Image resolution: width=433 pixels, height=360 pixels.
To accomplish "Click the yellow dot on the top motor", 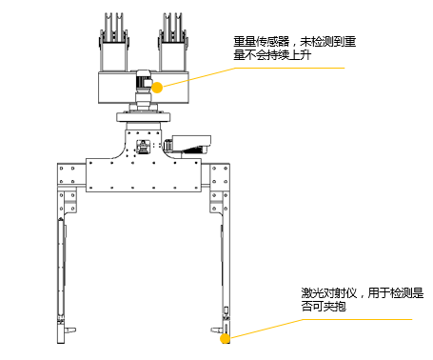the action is (157, 88).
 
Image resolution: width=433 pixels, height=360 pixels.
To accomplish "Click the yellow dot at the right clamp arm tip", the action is (225, 338).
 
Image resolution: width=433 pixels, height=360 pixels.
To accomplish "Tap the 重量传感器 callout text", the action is (295, 49).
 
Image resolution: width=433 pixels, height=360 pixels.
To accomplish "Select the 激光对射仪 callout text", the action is (363, 299).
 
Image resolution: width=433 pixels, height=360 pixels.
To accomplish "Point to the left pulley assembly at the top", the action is (114, 42).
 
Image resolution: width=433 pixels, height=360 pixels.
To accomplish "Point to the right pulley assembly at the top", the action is (173, 42).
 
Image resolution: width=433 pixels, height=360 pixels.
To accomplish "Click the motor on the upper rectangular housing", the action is (145, 81).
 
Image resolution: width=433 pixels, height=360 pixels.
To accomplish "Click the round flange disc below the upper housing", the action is (144, 117).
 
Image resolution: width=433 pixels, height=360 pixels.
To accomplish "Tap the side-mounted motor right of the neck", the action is (187, 146).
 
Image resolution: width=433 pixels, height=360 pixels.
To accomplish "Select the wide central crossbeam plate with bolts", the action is (144, 175).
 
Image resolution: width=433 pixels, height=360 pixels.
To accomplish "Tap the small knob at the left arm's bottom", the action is (70, 330).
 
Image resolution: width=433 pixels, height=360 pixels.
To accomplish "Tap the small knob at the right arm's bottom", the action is (216, 330).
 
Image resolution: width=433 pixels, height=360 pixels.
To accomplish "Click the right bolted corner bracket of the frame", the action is (220, 188).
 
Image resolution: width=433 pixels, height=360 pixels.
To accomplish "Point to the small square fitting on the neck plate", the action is (142, 148).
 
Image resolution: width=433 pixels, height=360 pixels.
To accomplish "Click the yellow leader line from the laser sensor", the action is (321, 329).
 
